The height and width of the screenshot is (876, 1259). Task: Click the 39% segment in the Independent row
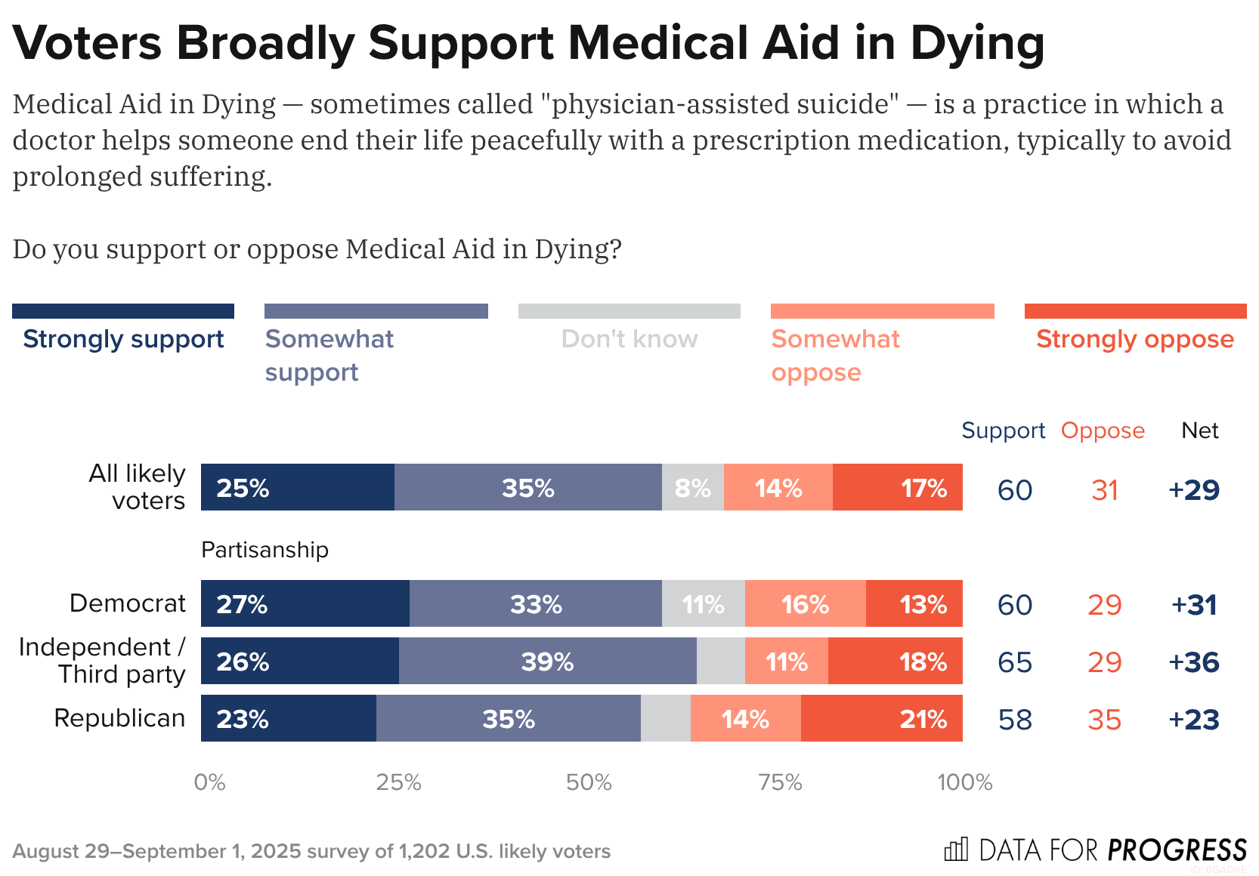click(x=547, y=662)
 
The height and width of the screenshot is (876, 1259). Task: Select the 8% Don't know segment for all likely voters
click(x=692, y=488)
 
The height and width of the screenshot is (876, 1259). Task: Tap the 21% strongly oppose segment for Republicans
click(x=881, y=719)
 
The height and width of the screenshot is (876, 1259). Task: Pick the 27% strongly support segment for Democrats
click(x=305, y=604)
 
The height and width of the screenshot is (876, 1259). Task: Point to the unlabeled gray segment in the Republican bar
click(x=665, y=719)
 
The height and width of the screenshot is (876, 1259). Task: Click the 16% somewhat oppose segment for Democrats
click(x=805, y=604)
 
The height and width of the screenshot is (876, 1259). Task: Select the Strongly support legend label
click(x=123, y=339)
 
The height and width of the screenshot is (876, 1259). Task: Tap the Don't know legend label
click(x=629, y=339)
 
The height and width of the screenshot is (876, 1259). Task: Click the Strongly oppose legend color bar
click(x=1135, y=311)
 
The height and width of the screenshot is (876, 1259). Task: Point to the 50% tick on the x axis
click(x=589, y=782)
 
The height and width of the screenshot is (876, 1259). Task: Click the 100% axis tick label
click(x=964, y=782)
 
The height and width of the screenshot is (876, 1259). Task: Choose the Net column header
click(x=1199, y=430)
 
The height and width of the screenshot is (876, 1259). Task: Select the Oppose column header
click(x=1103, y=430)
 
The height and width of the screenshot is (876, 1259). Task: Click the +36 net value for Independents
click(x=1194, y=662)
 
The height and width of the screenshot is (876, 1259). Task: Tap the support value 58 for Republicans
click(x=1015, y=720)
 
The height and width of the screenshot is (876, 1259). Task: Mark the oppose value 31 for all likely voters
click(x=1104, y=490)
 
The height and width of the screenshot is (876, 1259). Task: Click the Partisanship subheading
click(x=264, y=550)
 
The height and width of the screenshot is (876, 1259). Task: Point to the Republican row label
click(x=119, y=718)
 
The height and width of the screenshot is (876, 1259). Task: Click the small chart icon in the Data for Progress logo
click(x=956, y=850)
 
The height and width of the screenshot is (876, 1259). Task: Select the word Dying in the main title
click(x=978, y=43)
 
